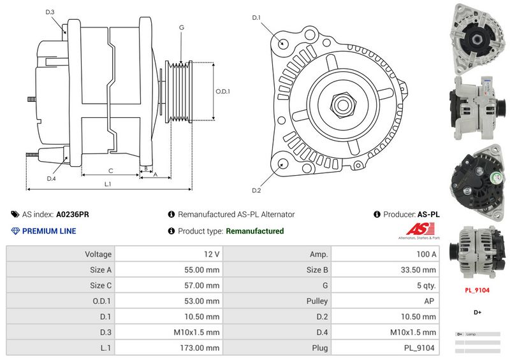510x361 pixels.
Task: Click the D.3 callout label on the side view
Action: tap(50, 12)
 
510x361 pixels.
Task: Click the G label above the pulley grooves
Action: tap(182, 27)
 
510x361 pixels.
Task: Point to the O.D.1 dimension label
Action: tap(222, 91)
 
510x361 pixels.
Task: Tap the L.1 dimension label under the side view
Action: tap(108, 184)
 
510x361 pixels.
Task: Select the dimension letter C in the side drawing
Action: tap(110, 170)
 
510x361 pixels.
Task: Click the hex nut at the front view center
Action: tap(342, 104)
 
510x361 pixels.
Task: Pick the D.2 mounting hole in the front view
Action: tap(280, 164)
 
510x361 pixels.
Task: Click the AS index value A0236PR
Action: tap(73, 215)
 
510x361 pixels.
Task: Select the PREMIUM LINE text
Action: tap(49, 231)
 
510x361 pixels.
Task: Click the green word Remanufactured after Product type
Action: tap(255, 231)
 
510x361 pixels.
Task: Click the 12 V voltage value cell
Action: tap(212, 254)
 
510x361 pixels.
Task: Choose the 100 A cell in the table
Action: tap(426, 254)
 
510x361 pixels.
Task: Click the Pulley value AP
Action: tap(431, 301)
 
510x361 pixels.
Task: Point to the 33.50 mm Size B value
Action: tap(418, 270)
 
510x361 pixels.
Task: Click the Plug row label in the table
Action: tap(319, 348)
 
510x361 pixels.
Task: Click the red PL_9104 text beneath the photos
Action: tap(476, 290)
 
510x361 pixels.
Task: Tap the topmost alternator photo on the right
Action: tap(477, 37)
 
